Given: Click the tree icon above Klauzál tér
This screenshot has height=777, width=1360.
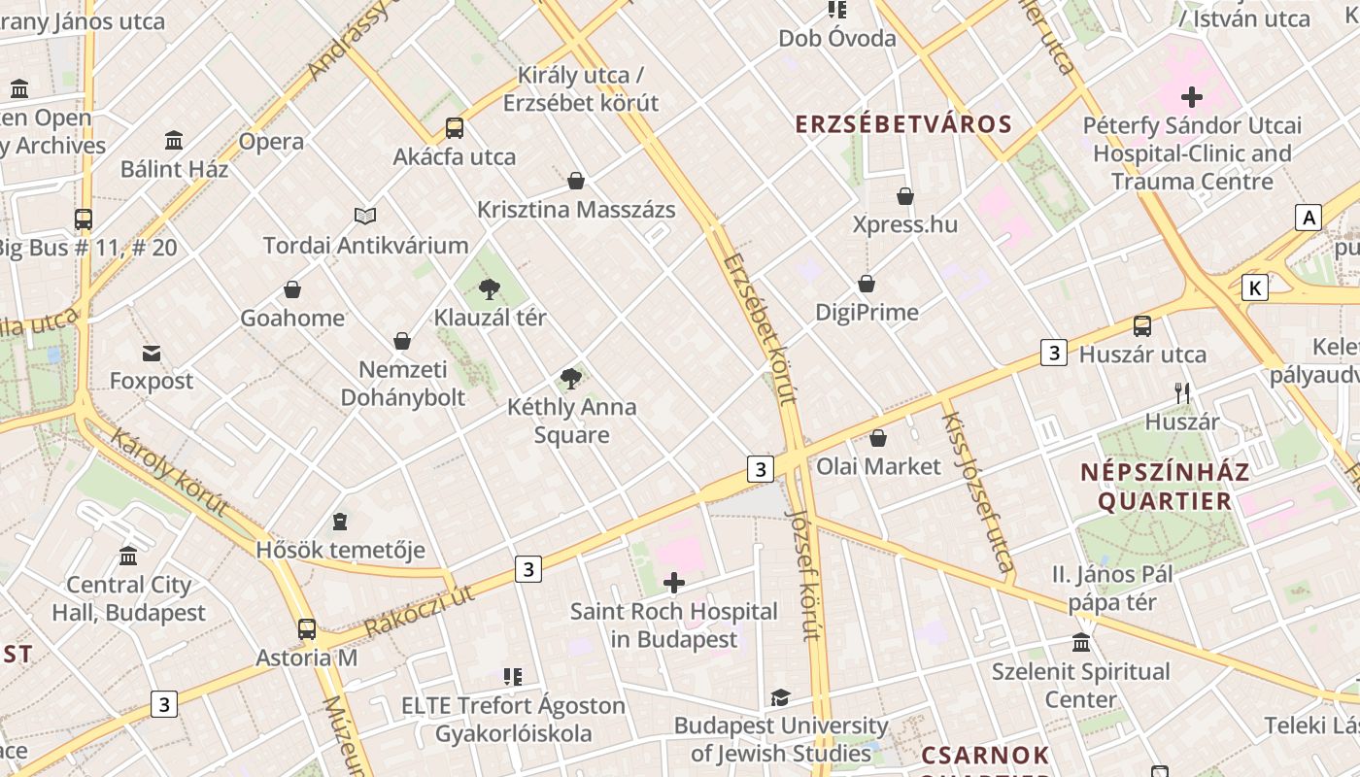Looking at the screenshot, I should pos(490,288).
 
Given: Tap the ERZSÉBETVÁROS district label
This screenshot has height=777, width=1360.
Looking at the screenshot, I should pos(903,124).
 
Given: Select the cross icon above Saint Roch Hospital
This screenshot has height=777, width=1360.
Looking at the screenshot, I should pos(673,583).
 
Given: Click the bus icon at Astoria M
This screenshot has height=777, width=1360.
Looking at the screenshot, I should pos(307,629).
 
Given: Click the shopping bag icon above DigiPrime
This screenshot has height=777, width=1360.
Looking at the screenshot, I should pos(867,284).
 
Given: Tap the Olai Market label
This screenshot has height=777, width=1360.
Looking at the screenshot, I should pos(878,466).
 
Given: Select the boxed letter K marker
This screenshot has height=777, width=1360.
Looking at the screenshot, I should pos(1255,287).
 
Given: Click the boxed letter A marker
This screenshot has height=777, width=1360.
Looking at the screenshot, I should pos(1309,218).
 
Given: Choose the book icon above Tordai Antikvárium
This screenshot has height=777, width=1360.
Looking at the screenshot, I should pos(365,216).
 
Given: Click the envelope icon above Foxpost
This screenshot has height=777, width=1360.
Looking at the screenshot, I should pos(152,353).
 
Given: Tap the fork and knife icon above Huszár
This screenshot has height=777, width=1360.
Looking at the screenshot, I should pos(1182,393).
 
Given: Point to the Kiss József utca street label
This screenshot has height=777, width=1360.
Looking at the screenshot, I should pos(978,491).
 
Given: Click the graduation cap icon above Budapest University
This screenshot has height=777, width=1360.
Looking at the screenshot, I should pos(780,697).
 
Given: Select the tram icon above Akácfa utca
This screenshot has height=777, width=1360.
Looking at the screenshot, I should pos(454,128).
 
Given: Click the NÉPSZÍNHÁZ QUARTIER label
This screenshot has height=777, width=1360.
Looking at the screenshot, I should pos(1164,487).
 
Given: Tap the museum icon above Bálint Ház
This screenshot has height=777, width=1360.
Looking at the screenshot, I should pos(174,141).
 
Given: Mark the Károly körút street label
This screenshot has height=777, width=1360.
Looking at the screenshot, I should pos(170,471).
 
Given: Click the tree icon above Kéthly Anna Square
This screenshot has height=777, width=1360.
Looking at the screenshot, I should pos(571,379).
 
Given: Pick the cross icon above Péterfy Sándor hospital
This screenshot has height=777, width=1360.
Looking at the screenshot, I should pos(1192,97).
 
